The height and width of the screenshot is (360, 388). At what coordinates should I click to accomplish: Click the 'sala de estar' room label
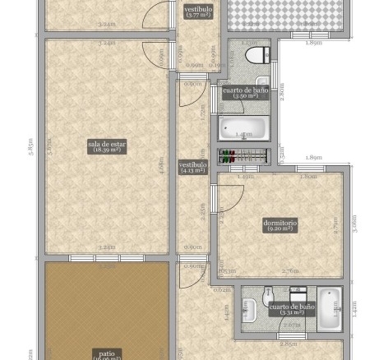point(107,147)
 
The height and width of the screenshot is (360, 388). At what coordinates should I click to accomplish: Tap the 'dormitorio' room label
point(279,224)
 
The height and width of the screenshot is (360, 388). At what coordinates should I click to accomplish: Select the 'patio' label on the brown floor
point(107,354)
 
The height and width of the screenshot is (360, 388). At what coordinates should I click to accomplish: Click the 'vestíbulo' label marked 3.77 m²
point(198,12)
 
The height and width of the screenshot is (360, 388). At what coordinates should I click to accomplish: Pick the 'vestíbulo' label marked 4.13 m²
point(193,167)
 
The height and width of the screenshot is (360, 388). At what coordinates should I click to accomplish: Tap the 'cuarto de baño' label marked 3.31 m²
point(291,309)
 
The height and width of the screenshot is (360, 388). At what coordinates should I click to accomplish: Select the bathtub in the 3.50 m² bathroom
point(243,129)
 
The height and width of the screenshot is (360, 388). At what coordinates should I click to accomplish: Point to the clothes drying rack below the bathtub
point(244,155)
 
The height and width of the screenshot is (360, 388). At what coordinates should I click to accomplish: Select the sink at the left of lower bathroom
point(246,308)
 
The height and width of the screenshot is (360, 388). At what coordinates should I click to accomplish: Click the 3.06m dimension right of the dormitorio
point(354,223)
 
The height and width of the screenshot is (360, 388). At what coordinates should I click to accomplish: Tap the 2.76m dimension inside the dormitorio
point(290,270)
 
